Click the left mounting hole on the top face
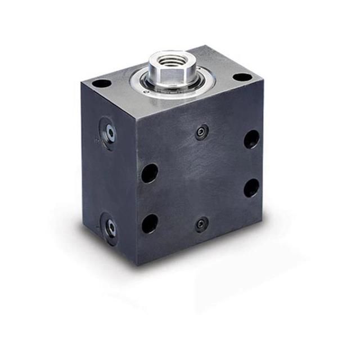click(101, 83)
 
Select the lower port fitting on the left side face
click(110, 227)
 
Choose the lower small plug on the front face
click(201, 224)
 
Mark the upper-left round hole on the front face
click(149, 173)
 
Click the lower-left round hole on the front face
click(149, 223)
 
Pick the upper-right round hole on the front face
click(251, 139)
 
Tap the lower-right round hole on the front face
click(251, 187)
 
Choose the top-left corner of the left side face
click(81, 84)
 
